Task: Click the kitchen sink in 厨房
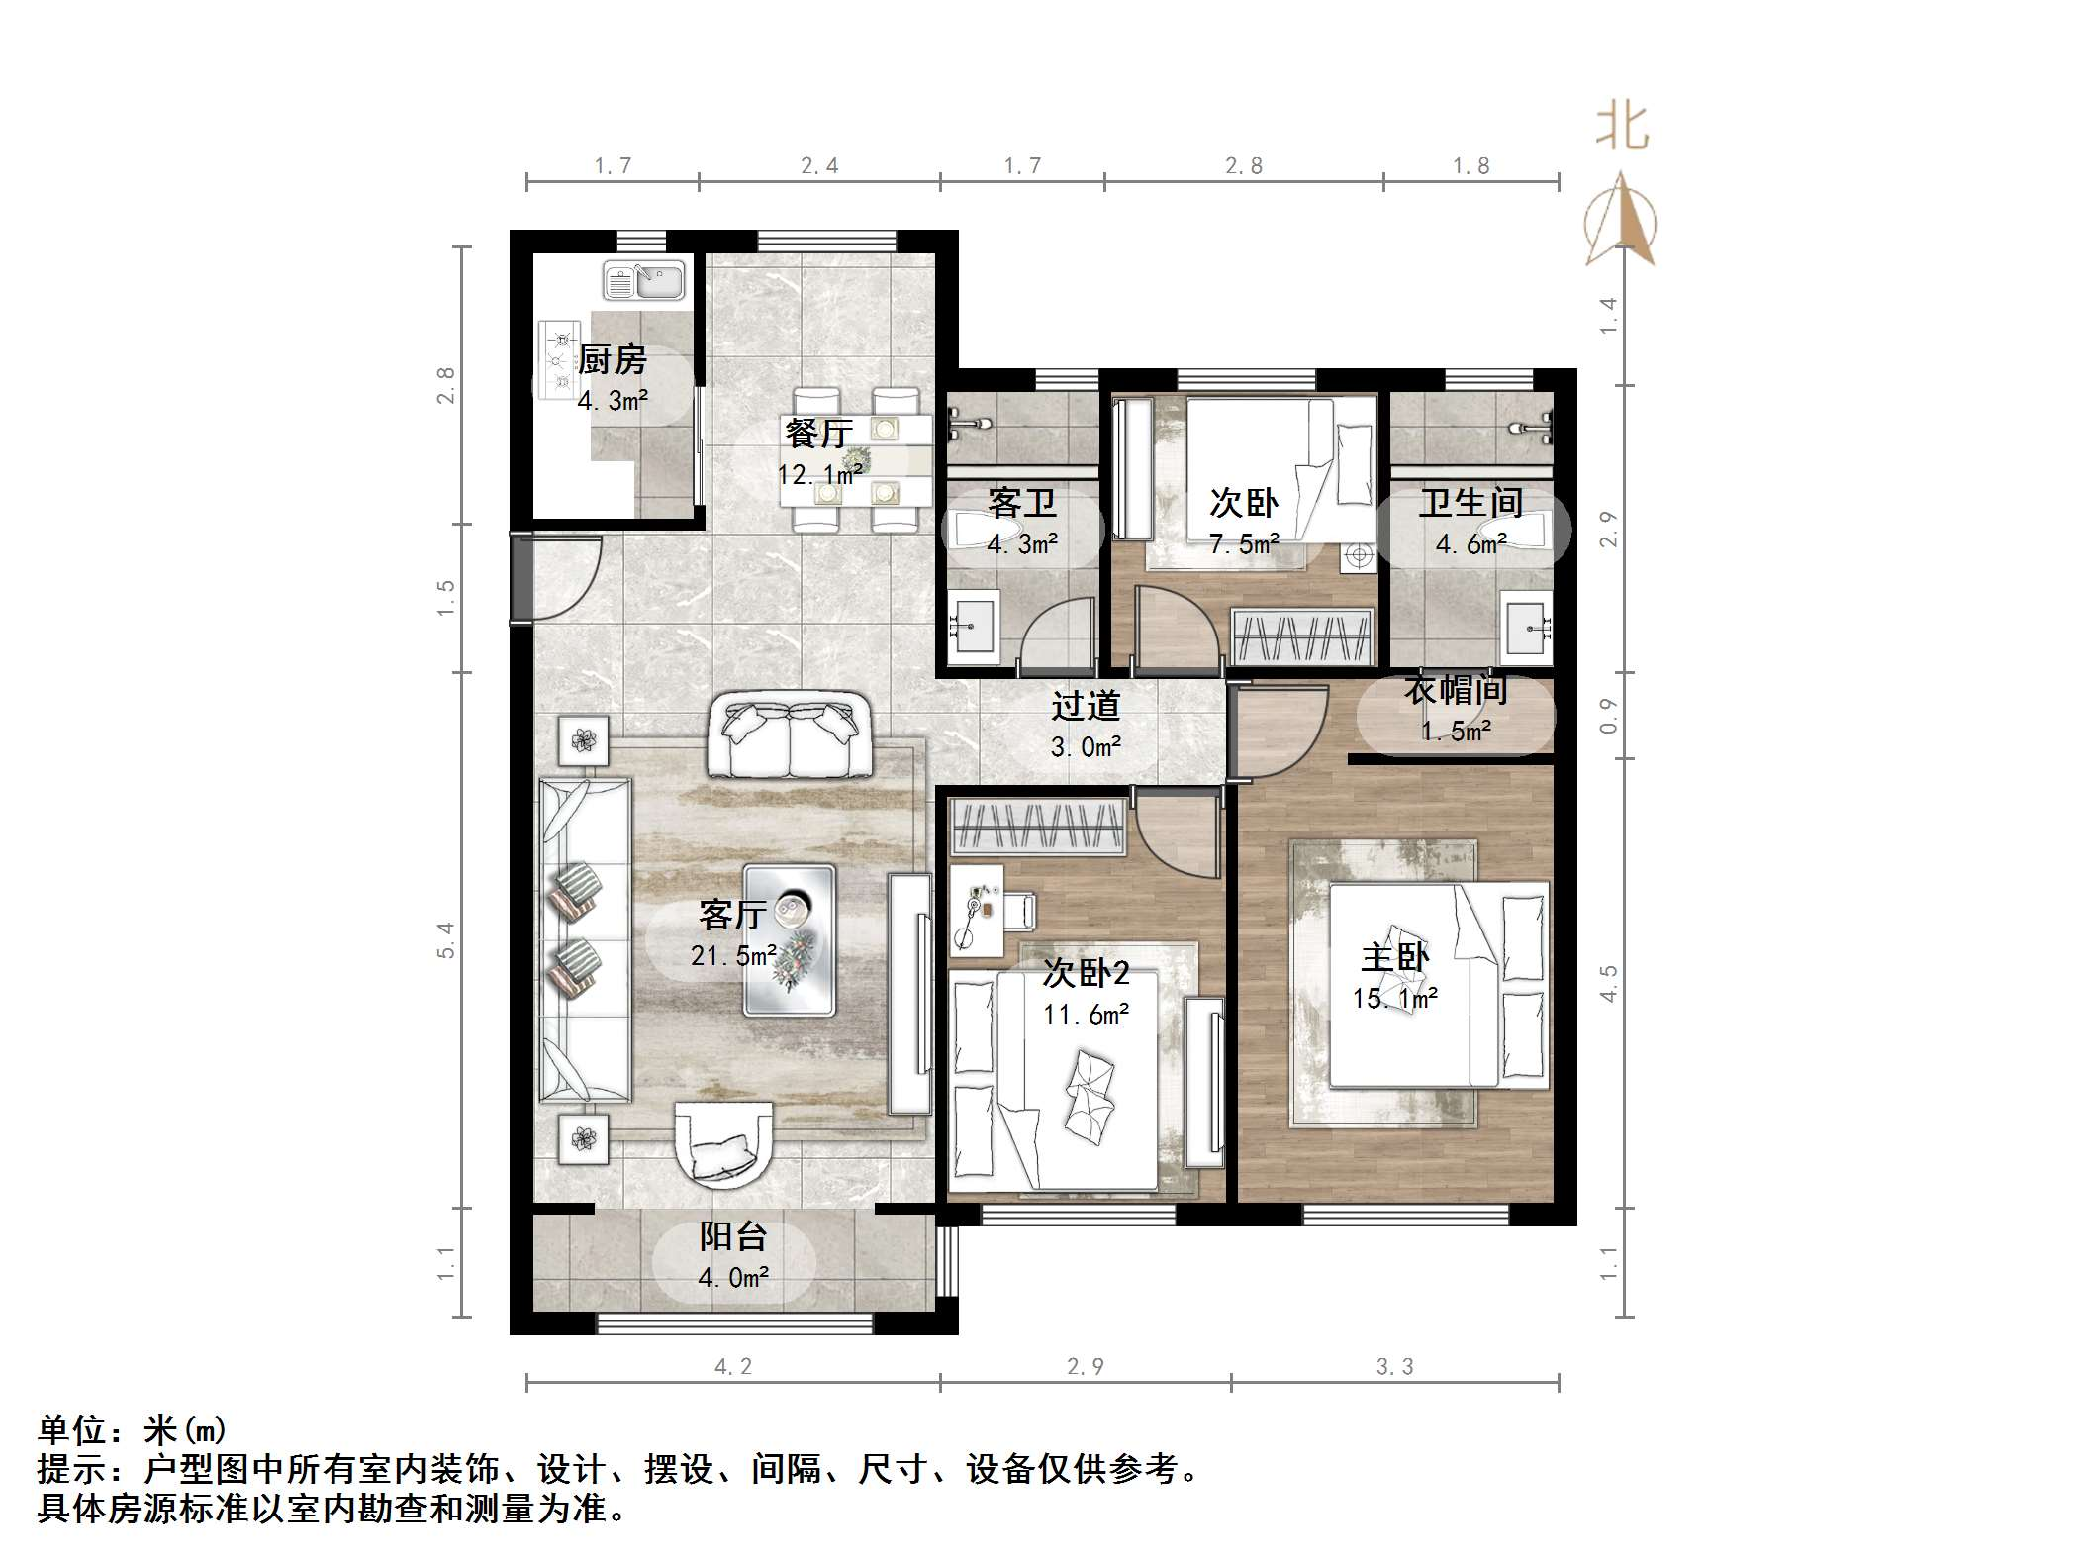[x=643, y=281]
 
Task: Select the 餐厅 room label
[x=818, y=434]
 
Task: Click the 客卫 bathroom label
[x=1021, y=504]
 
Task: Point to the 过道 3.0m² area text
[x=1086, y=727]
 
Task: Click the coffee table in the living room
[x=789, y=939]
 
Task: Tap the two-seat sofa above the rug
[x=789, y=735]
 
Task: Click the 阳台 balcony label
[x=733, y=1236]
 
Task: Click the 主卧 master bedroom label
[x=1394, y=957]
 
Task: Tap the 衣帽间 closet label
[x=1455, y=691]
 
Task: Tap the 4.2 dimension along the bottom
[x=733, y=1366]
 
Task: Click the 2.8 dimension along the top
[x=1243, y=166]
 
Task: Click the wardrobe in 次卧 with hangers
[x=1301, y=636]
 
